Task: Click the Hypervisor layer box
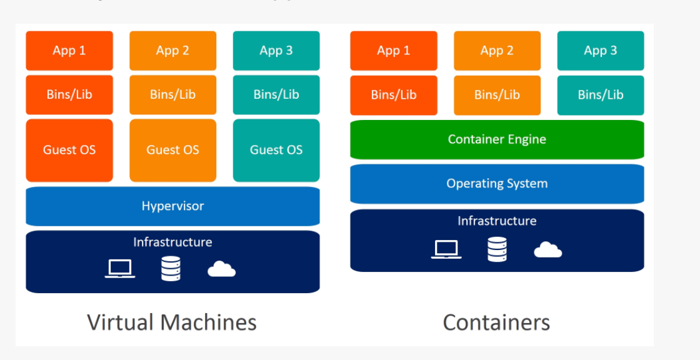[x=172, y=206]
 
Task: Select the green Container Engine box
[x=497, y=139]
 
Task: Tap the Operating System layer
[x=497, y=184]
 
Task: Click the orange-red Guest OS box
[x=69, y=150]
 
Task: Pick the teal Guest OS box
[x=276, y=150]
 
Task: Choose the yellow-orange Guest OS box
[x=172, y=150]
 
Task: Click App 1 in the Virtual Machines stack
[x=69, y=51]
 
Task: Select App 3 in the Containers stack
[x=600, y=51]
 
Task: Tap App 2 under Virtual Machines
[x=172, y=51]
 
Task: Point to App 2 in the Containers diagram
[x=497, y=51]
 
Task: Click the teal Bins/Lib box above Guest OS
[x=276, y=95]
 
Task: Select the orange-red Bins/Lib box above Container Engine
[x=394, y=95]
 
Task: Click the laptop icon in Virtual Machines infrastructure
[x=119, y=269]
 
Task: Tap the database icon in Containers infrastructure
[x=497, y=249]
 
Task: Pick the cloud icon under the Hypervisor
[x=221, y=269]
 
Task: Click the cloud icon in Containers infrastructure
[x=547, y=250]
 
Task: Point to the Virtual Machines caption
[x=172, y=322]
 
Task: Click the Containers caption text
[x=496, y=322]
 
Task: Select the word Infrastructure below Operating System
[x=497, y=221]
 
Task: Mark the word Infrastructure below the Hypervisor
[x=172, y=242]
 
